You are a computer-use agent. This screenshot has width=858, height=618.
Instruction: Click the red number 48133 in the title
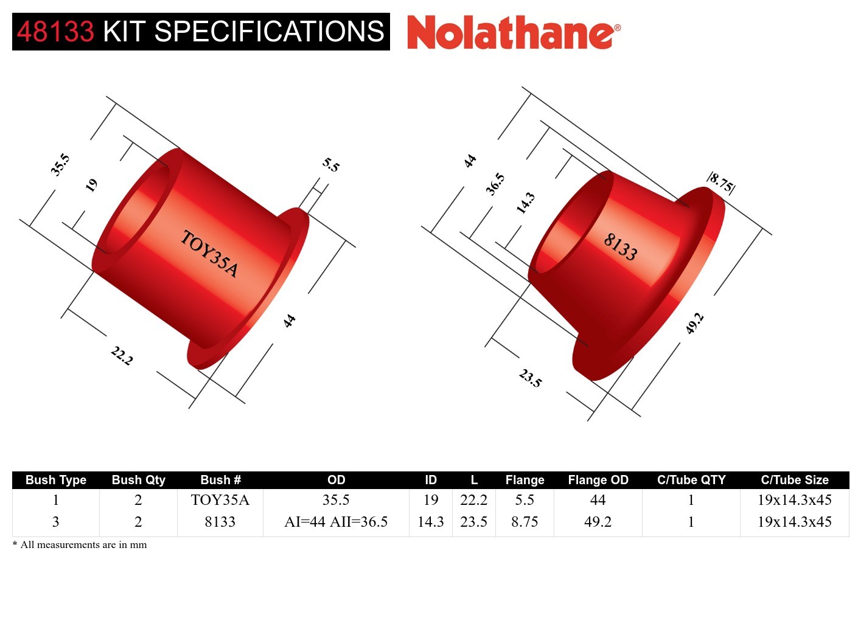55,32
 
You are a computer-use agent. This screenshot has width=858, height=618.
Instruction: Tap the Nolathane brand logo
513,33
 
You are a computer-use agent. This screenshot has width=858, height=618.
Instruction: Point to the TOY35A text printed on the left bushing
209,254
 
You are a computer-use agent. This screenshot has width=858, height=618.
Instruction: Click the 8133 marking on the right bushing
620,247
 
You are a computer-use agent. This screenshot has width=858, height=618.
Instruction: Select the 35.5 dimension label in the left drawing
60,165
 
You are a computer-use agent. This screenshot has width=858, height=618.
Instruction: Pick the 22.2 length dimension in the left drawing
122,355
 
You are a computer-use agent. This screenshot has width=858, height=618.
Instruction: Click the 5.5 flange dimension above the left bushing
331,165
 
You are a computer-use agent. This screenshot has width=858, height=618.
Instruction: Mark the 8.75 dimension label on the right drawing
721,182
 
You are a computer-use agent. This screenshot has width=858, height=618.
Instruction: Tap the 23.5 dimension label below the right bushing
530,378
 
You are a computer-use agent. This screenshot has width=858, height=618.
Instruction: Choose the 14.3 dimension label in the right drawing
525,203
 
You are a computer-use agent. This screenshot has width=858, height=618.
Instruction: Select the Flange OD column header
598,480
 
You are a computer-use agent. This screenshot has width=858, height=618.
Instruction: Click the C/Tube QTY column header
691,480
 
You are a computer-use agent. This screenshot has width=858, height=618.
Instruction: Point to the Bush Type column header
56,480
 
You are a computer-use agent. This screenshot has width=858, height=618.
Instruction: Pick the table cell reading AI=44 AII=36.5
336,522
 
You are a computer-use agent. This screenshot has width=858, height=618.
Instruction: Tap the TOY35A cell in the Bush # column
220,500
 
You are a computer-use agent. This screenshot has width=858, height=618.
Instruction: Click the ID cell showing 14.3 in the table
430,522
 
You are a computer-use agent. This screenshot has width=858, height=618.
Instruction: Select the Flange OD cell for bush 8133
598,522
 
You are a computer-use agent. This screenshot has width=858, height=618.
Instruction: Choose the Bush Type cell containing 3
56,522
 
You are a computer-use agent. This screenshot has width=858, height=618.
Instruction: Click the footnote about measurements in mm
80,545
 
